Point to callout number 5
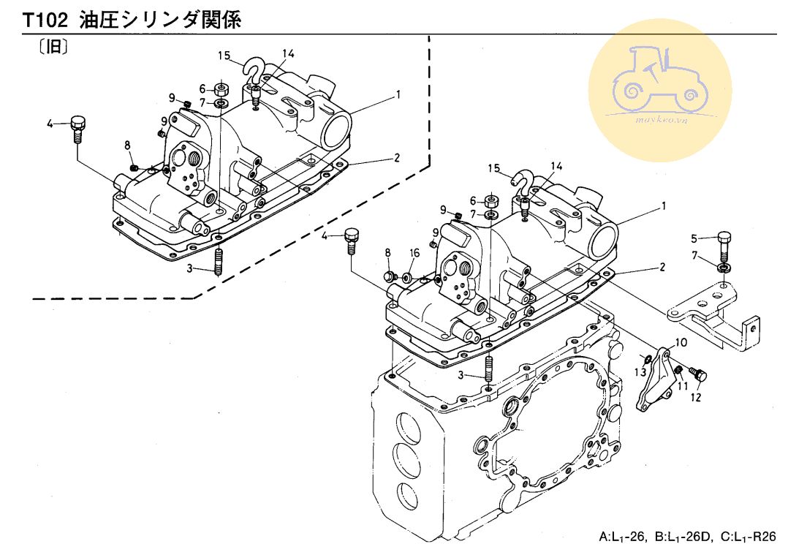(x=696, y=237)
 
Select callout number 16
(x=414, y=253)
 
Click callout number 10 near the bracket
(x=681, y=342)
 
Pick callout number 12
(x=695, y=397)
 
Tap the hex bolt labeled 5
(x=724, y=241)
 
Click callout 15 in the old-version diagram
(x=224, y=56)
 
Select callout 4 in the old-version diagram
(x=50, y=124)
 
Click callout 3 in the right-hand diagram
(x=461, y=375)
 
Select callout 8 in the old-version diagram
(x=127, y=146)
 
